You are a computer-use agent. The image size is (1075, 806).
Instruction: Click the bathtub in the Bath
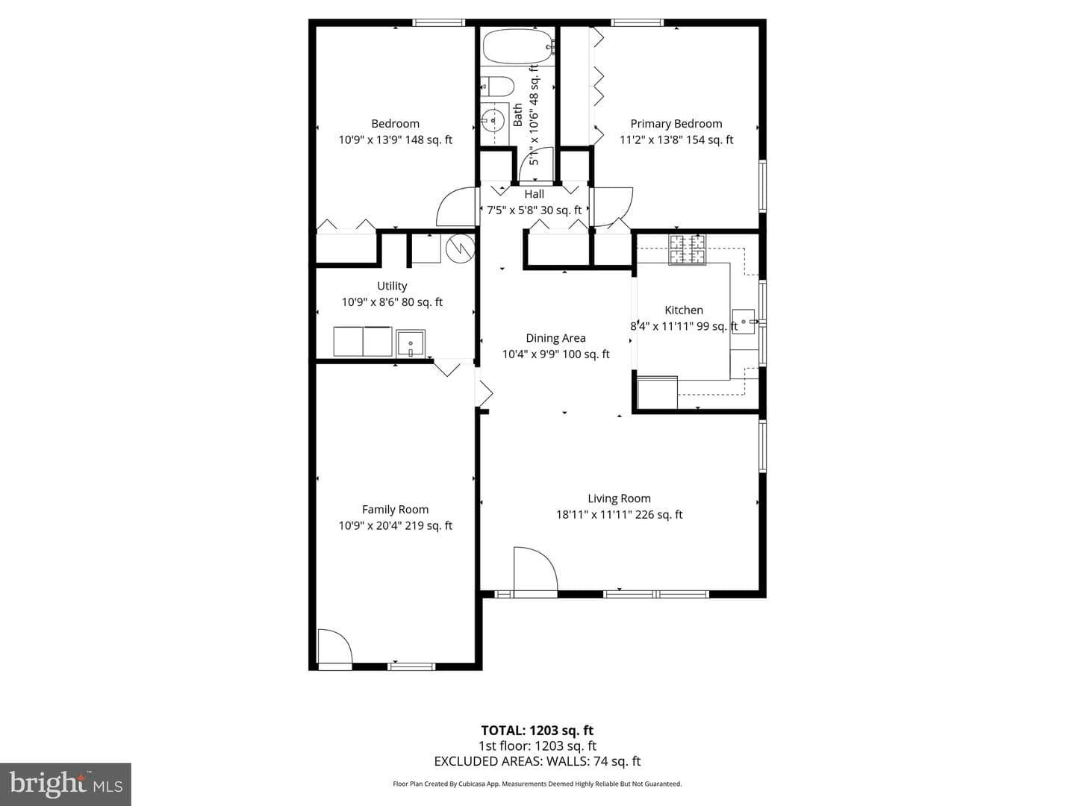point(519,46)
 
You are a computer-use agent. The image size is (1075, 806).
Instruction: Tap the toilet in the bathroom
point(496,87)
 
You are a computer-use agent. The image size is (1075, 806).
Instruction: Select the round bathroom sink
point(493,119)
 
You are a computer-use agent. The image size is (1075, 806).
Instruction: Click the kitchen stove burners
point(687,249)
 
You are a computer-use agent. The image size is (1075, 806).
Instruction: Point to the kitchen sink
point(744,322)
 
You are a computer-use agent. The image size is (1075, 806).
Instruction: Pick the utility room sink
point(411,343)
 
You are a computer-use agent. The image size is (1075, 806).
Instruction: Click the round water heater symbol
point(461,249)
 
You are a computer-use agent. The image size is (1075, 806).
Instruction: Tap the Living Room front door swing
point(535,570)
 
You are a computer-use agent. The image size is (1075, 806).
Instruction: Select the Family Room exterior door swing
point(335,646)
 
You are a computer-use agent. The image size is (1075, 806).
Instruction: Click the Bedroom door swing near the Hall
point(455,207)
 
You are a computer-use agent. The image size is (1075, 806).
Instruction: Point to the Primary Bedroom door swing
point(613,207)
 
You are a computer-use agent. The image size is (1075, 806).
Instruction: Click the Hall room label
point(534,194)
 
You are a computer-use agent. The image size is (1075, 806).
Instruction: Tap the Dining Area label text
point(555,338)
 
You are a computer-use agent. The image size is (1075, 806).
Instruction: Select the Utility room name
point(392,286)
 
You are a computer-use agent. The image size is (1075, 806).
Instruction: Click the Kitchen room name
point(684,310)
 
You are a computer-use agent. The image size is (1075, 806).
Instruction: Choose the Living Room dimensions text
point(619,515)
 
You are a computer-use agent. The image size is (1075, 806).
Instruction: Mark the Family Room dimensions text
point(395,525)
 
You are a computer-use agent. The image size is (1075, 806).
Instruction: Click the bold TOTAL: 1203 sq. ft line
point(537,731)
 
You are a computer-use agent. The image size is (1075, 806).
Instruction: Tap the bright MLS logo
point(66,784)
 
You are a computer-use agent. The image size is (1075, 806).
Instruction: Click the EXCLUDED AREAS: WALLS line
point(537,761)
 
